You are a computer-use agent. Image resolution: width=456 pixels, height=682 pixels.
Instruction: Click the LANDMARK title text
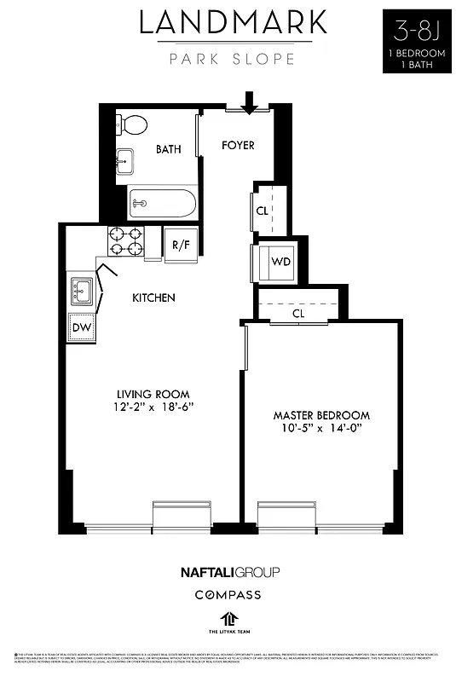pos(233,24)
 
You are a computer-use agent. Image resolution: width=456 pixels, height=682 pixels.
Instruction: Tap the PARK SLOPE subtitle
pos(233,59)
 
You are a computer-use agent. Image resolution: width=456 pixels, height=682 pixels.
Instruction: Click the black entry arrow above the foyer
pos(249,103)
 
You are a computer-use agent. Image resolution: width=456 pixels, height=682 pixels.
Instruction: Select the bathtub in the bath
pos(163,204)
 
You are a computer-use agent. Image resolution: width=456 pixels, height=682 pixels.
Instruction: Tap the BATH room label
pos(168,149)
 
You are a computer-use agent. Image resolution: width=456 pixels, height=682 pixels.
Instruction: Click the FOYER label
pos(238,145)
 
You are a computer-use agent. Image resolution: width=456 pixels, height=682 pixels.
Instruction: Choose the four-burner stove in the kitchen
pos(125,242)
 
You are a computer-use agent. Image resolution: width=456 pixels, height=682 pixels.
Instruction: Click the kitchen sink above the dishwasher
pos(83,292)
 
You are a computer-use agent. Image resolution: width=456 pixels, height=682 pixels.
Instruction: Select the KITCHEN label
pos(153,298)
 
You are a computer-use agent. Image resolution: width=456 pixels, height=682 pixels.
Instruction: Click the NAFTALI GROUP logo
pos(228,572)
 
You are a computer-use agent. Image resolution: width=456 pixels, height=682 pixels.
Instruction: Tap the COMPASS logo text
pos(228,594)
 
